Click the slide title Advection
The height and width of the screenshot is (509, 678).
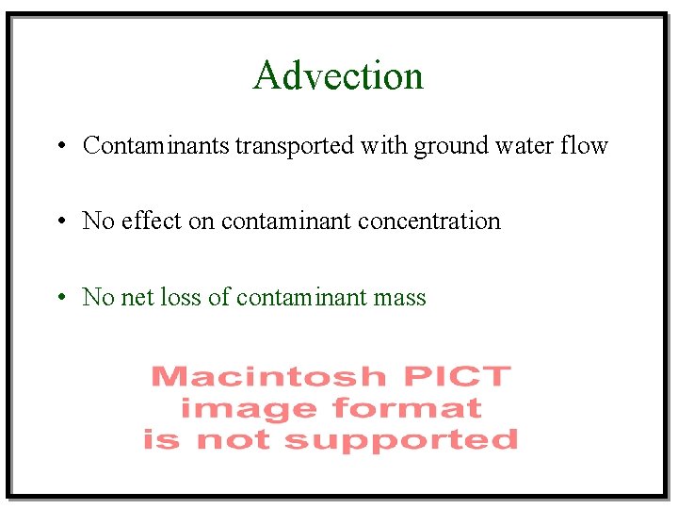pyautogui.click(x=338, y=75)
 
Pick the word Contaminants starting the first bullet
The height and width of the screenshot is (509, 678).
pyautogui.click(x=157, y=146)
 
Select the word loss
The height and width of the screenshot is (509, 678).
pyautogui.click(x=180, y=298)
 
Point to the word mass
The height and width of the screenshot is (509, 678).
pyautogui.click(x=399, y=298)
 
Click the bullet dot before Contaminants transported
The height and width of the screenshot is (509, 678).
pyautogui.click(x=59, y=147)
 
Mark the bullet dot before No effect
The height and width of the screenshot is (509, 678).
pyautogui.click(x=59, y=222)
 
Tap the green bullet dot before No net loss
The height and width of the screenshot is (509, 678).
pyautogui.click(x=59, y=299)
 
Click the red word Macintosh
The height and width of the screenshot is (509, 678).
pyautogui.click(x=268, y=377)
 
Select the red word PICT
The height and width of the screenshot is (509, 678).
pyautogui.click(x=457, y=377)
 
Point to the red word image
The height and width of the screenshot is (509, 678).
pyautogui.click(x=247, y=409)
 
